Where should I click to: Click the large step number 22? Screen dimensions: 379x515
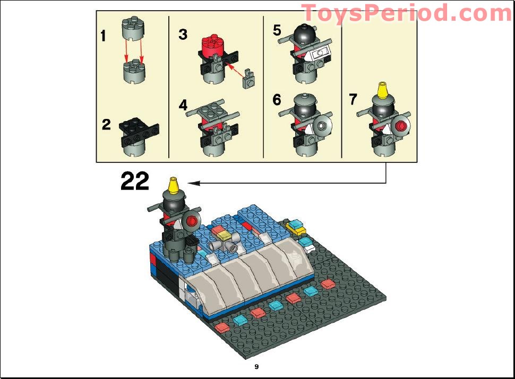(x=135, y=182)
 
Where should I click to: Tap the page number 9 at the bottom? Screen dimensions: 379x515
(x=256, y=367)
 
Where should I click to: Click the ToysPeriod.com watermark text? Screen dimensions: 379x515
(x=407, y=13)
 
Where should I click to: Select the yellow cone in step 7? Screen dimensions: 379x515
(x=381, y=91)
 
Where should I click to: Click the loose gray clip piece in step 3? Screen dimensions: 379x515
(x=247, y=81)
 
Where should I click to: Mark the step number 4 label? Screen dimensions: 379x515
(x=183, y=106)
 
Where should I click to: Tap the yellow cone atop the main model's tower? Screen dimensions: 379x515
(x=173, y=186)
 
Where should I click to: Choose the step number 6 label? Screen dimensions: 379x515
(x=277, y=100)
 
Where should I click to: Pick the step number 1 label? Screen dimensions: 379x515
(x=103, y=37)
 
